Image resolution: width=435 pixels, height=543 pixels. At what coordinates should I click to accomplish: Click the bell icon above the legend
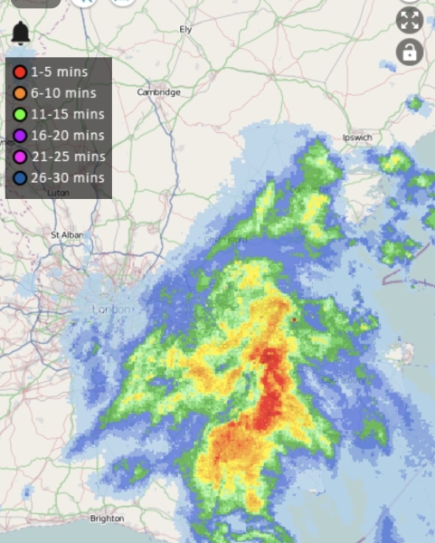click(21, 34)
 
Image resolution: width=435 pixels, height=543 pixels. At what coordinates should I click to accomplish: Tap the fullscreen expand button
click(411, 20)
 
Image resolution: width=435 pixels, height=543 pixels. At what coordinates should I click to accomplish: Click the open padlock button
click(411, 52)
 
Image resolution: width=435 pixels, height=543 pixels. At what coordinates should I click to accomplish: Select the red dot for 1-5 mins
click(19, 71)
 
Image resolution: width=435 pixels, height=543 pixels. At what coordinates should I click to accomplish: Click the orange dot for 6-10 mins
click(19, 92)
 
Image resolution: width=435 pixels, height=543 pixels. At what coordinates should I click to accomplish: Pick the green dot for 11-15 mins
click(19, 114)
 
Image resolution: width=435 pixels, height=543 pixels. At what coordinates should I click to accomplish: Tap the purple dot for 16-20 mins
click(19, 136)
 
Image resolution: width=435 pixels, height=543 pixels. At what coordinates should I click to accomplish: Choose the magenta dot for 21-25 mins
click(19, 157)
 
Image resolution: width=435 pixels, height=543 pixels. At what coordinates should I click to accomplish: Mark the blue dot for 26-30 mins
click(19, 178)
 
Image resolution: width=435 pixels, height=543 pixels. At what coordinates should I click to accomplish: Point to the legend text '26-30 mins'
click(68, 178)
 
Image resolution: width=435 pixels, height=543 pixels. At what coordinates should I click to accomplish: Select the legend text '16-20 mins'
click(68, 136)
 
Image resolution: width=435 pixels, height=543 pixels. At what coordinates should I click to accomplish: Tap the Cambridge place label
click(159, 92)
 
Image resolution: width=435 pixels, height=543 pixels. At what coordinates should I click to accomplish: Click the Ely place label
click(186, 30)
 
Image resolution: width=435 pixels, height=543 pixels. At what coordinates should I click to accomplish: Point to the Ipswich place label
click(357, 138)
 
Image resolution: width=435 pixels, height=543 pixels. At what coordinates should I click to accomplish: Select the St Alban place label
click(68, 234)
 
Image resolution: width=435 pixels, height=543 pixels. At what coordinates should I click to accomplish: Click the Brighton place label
click(107, 519)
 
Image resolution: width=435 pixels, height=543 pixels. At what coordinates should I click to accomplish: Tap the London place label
click(112, 310)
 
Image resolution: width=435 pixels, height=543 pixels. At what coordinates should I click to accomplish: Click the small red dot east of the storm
click(294, 319)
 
